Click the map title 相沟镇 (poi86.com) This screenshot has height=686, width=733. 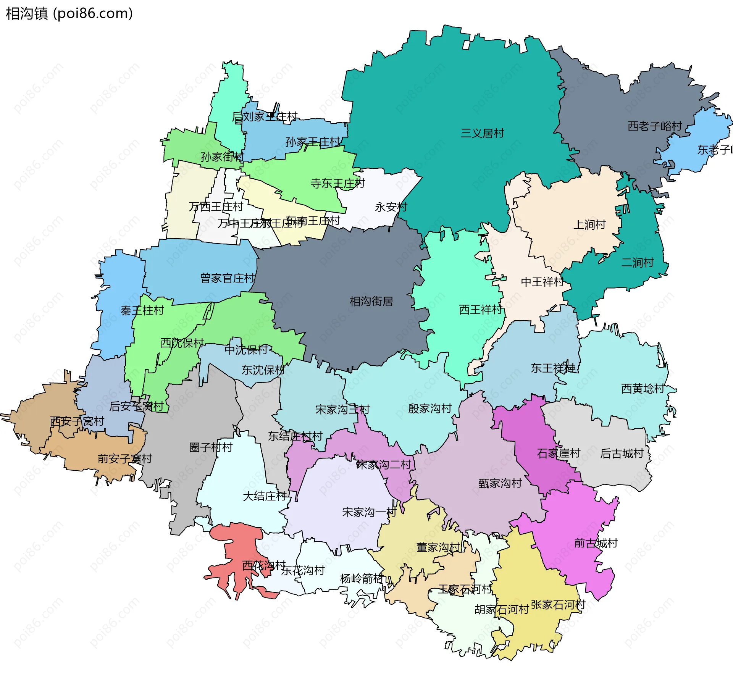coord(69,14)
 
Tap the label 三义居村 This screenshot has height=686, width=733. coord(482,133)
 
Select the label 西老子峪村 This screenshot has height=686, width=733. coord(654,126)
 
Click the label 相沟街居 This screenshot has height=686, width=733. coord(371,302)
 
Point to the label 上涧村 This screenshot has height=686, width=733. coord(589,225)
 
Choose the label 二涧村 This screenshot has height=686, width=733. coord(638,263)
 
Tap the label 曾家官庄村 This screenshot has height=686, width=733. coord(227,278)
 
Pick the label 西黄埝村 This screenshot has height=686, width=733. coord(643,389)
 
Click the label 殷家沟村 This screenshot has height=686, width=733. coord(430,409)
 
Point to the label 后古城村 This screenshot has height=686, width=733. coord(622,454)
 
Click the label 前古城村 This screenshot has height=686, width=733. coord(596,543)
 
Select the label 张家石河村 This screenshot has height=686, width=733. coord(558,605)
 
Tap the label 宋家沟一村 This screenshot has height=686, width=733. coord(369,512)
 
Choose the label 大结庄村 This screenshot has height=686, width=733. coord(265,496)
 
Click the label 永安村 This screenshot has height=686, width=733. coord(391,207)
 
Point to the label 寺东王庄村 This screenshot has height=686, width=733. coord(337,184)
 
